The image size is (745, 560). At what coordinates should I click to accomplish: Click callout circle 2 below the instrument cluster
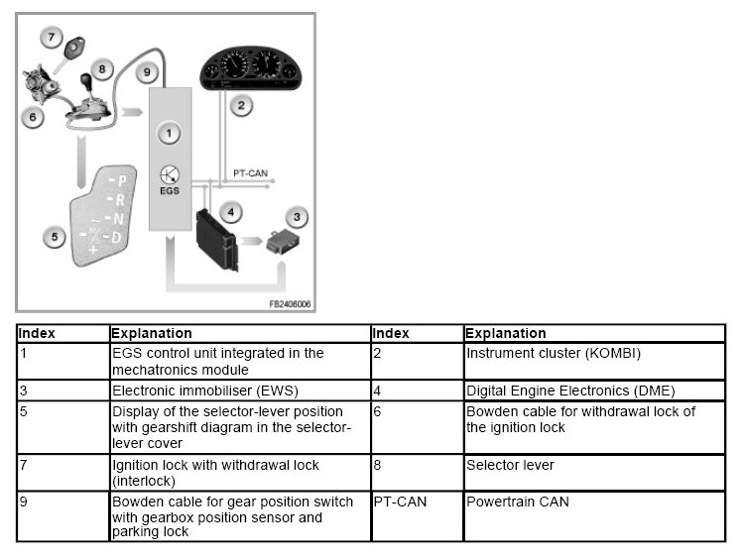pos(239,103)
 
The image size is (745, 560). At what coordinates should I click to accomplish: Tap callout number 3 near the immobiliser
pos(296,216)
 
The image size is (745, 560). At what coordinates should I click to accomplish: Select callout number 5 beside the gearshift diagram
pos(54,236)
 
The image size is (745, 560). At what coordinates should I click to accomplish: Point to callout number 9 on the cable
pos(146,71)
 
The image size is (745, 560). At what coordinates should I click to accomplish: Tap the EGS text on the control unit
pos(170,190)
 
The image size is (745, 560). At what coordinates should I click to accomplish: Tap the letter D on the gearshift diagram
pos(117,238)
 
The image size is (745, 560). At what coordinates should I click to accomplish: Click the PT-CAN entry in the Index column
pos(400,502)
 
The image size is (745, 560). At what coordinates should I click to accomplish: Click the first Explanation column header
pos(152,334)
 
